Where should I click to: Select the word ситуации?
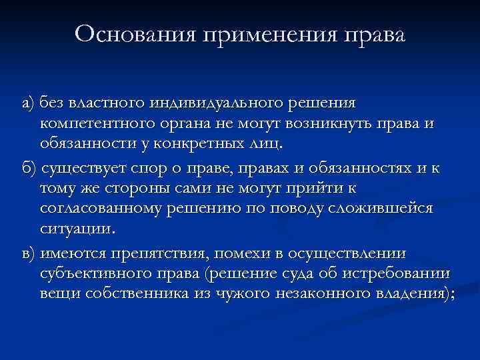point(76,228)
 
